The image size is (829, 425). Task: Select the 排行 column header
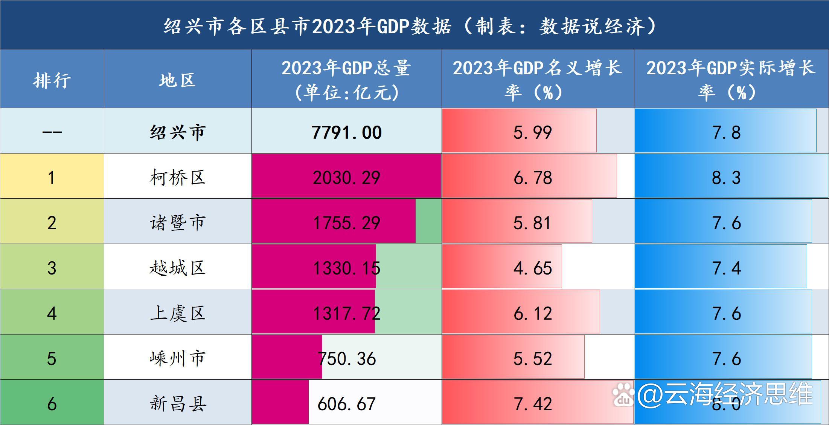(x=52, y=80)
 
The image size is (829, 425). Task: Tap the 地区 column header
(x=177, y=80)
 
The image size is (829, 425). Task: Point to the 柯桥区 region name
(x=177, y=177)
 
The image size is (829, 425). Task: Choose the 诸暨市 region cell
(x=177, y=222)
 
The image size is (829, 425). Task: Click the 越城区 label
(x=177, y=268)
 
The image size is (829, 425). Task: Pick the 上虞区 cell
(x=177, y=313)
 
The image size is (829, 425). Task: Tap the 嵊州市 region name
(x=177, y=358)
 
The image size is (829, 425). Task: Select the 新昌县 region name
(x=177, y=404)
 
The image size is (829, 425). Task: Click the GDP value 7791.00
(x=346, y=132)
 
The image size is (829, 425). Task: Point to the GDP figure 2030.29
(x=346, y=178)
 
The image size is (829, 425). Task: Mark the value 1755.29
(x=346, y=223)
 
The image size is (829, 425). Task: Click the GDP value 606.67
(x=346, y=404)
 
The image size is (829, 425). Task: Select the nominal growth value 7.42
(x=533, y=404)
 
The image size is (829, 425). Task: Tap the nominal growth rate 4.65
(x=533, y=268)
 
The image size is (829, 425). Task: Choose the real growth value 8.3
(x=726, y=178)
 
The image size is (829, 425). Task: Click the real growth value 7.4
(x=726, y=268)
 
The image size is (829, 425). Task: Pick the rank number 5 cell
(x=52, y=358)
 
